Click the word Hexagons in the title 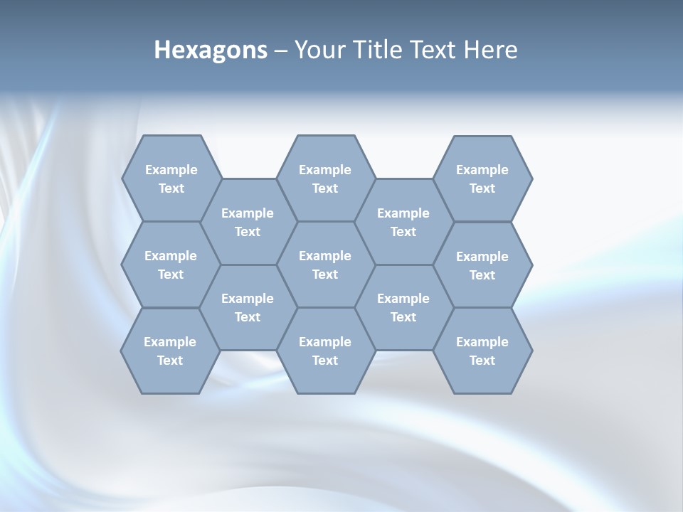211,50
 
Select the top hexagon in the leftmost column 171,178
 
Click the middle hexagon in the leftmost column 171,265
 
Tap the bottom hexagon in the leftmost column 170,351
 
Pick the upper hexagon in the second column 248,222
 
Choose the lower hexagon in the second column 248,307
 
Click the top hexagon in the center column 325,178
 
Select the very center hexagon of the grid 325,265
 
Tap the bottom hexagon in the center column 325,351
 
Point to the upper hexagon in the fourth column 403,222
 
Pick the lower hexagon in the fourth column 403,307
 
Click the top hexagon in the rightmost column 482,178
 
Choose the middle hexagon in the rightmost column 482,265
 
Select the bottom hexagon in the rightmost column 482,351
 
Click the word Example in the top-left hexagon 171,170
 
